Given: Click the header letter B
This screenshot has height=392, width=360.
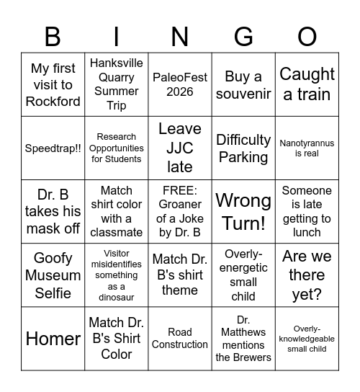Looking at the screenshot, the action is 53,36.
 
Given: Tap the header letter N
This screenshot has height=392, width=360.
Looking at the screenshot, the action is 180,36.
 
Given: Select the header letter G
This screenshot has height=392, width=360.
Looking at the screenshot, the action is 243,36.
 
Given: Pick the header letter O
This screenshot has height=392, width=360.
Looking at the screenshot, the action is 307,36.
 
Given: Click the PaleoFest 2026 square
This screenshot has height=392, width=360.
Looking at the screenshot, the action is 180,84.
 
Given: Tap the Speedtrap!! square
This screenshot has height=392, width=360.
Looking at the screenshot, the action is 53,148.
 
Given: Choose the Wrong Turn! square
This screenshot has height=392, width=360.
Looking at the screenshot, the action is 243,211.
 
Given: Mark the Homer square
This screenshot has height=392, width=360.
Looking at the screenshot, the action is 53,339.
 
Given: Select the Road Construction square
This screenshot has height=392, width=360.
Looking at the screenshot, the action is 180,339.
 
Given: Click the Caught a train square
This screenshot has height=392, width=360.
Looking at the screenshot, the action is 307,84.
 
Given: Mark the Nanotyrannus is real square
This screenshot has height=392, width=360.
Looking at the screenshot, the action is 307,148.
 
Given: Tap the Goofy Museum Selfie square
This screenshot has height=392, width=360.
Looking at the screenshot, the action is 53,275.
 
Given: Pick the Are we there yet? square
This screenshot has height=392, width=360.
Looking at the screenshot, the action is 307,275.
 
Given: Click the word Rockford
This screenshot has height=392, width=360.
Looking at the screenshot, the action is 53,102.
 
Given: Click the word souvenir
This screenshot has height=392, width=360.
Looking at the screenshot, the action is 243,94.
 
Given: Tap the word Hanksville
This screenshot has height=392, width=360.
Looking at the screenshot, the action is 117,63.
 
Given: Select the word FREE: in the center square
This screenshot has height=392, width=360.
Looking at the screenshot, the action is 180,191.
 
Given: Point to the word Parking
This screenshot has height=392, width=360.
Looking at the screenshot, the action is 243,157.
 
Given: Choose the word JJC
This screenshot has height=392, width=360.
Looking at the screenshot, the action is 180,148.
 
